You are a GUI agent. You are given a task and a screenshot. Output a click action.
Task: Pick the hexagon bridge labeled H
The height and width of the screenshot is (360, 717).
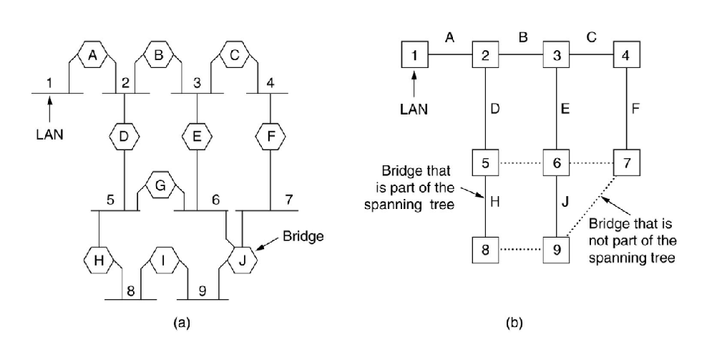pos(98,258)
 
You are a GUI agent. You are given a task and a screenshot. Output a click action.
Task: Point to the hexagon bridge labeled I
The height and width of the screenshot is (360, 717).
pos(164,258)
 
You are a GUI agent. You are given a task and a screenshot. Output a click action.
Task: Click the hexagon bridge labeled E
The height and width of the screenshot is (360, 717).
pos(197,134)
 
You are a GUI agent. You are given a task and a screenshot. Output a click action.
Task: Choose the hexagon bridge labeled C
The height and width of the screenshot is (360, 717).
pos(235,54)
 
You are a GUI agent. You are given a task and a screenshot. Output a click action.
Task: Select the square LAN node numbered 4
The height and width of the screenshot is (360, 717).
pos(627,54)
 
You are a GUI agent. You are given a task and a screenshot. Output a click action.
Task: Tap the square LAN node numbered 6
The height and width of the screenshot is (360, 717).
pos(556,162)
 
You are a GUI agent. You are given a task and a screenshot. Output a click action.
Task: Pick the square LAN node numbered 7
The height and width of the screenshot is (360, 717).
pos(627,162)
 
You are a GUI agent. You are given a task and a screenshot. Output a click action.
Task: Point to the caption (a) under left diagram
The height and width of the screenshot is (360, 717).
pos(181,323)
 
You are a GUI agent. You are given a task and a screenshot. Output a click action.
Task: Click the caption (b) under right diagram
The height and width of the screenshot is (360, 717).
pos(514,323)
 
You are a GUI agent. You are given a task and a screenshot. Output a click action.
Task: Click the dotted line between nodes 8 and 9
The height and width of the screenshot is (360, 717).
pos(520,251)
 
